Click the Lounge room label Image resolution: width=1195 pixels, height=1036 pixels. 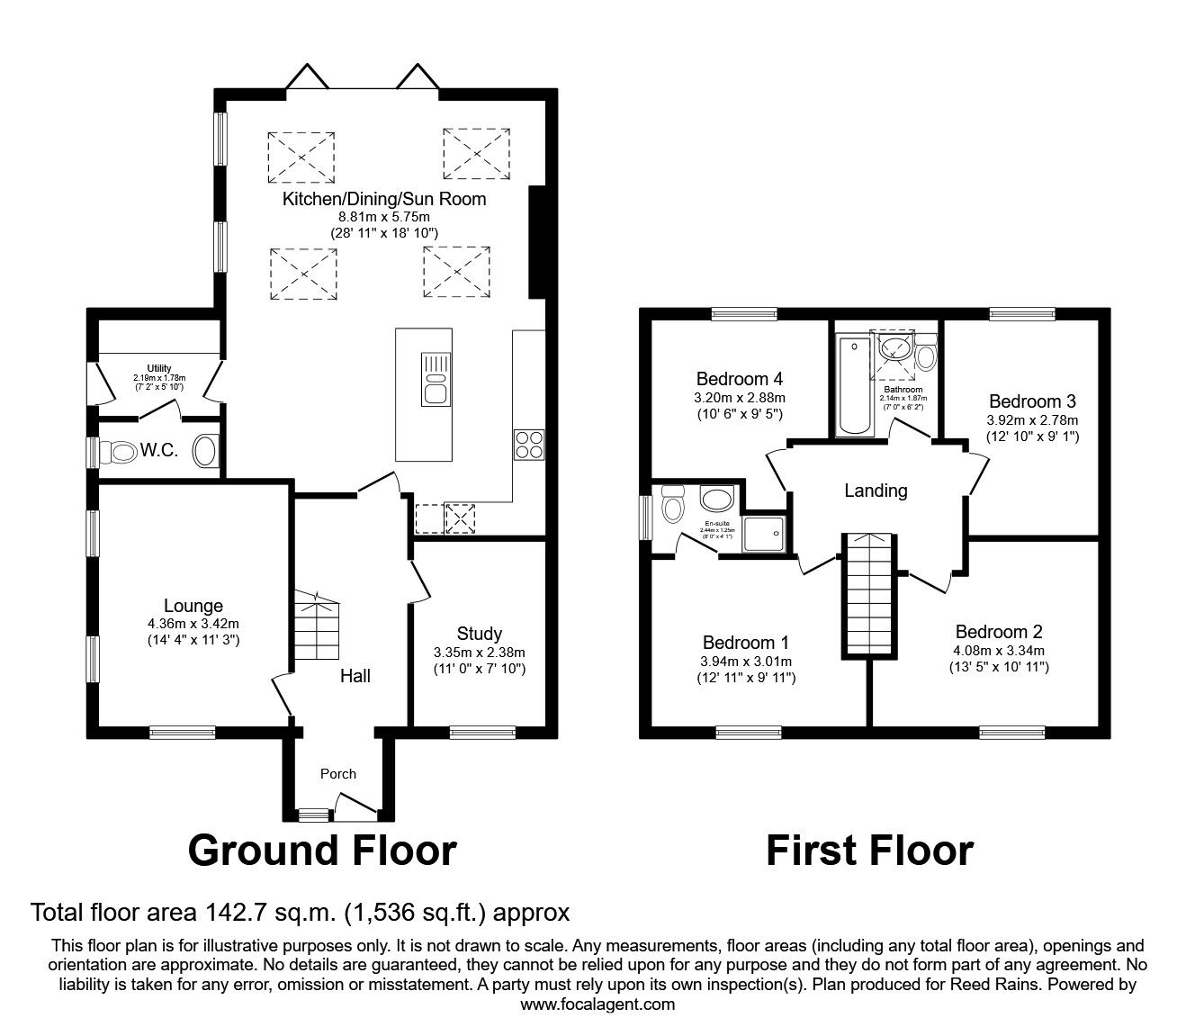pos(193,606)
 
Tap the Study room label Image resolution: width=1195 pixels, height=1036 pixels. pos(479,634)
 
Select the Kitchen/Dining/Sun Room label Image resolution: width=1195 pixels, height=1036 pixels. pos(384,199)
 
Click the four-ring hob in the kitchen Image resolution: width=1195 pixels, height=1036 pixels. pos(528,446)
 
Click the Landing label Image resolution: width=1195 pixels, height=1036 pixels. pos(876,491)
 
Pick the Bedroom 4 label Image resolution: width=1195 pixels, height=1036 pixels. pos(732,379)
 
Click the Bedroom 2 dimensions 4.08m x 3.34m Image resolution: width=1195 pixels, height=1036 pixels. pos(999,651)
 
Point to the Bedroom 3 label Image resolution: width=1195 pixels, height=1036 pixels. pos(1032,401)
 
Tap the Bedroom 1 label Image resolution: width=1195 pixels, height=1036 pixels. pos(745,643)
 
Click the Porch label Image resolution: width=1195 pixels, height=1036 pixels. pos(338,773)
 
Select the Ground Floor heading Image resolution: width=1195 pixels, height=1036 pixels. pos(322,850)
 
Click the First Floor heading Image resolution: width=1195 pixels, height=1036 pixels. pos(869,850)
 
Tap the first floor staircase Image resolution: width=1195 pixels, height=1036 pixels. pos(868,595)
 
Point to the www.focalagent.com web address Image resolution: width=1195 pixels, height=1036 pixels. pos(597,1004)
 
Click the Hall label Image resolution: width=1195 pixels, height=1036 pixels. pos(355,675)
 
